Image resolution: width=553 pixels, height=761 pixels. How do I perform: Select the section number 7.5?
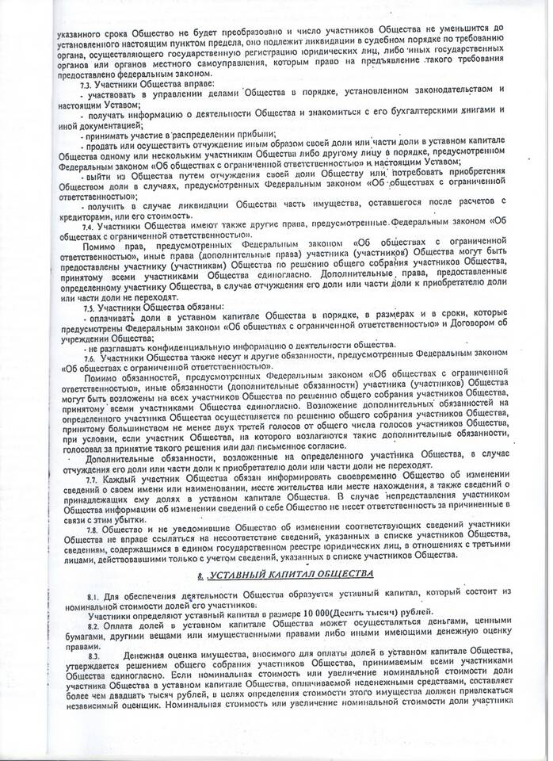pyautogui.click(x=88, y=307)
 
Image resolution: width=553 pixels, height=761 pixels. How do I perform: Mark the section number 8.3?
pyautogui.click(x=94, y=658)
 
